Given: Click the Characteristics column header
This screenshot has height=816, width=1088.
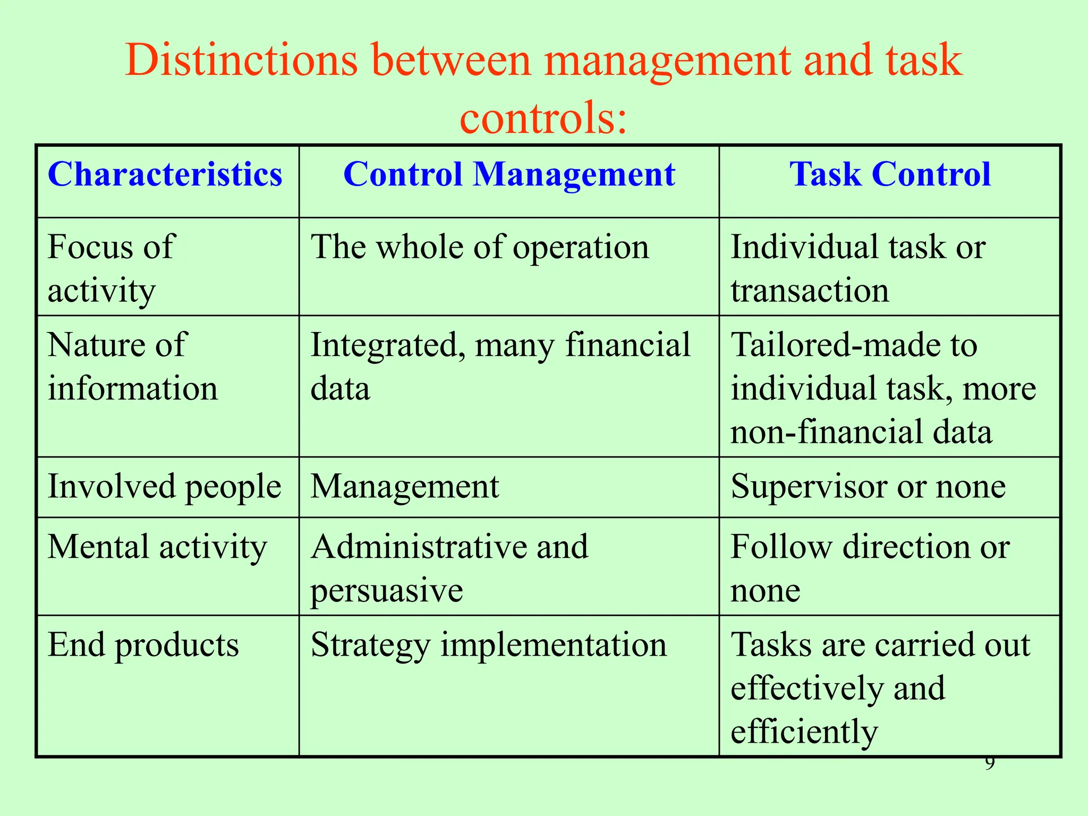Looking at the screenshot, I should coord(165,174).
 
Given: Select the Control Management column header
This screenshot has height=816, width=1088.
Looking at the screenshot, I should coord(509,174).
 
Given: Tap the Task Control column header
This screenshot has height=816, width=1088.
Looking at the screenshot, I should coord(890,174).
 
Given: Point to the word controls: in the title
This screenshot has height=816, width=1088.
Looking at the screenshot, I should coord(543,117).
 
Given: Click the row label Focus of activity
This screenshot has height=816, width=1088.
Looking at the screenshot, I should coord(112,268).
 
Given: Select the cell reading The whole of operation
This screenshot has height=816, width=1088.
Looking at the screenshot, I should coord(479,248).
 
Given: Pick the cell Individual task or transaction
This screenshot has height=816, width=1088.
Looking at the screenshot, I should coord(858,268).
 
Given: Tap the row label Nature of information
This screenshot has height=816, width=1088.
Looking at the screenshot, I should coord(133,367).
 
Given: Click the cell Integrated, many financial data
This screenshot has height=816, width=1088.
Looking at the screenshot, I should coord(499,367).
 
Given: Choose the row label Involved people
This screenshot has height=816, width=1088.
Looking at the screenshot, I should coord(164,487).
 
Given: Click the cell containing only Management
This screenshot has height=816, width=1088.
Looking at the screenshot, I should coord(405,487).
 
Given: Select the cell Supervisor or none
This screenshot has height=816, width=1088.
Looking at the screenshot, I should coord(868,487).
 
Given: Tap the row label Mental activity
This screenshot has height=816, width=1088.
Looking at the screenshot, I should coord(157,547).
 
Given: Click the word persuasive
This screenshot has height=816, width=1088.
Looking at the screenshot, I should coord(387,591).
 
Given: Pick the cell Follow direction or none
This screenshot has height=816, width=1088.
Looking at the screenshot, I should coord(870,568).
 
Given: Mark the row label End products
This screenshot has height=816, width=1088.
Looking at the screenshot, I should coord(143,645).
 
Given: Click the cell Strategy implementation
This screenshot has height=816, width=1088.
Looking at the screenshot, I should coord(488,645).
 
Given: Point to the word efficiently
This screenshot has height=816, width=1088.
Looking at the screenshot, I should coord(804,732).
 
